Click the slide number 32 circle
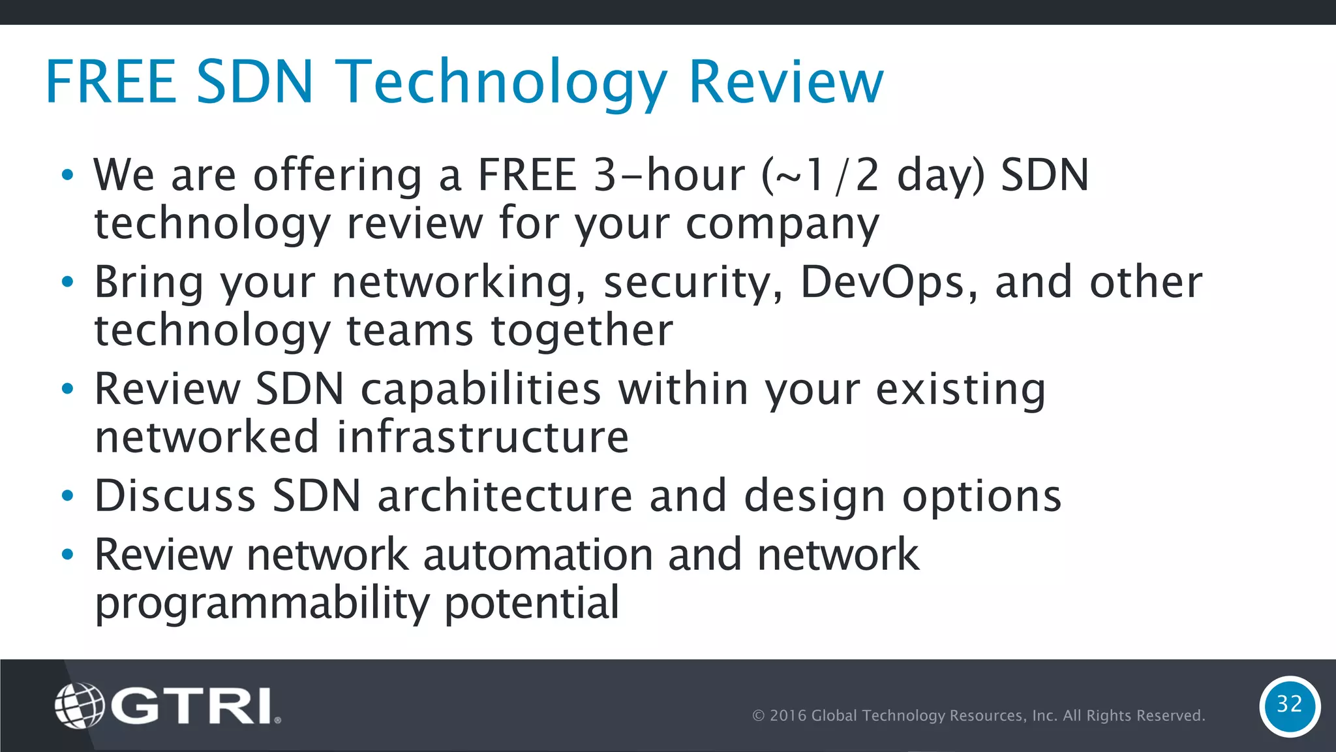click(1290, 706)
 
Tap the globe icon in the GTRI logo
click(80, 705)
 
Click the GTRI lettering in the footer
click(192, 706)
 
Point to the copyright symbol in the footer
click(759, 716)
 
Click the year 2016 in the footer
click(788, 716)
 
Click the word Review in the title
click(786, 82)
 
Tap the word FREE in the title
click(111, 82)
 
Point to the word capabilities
click(481, 390)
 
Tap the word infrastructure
click(483, 437)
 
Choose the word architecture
click(505, 495)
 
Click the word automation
click(538, 555)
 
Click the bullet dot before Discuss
click(68, 497)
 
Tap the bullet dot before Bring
click(68, 283)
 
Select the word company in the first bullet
click(782, 224)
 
